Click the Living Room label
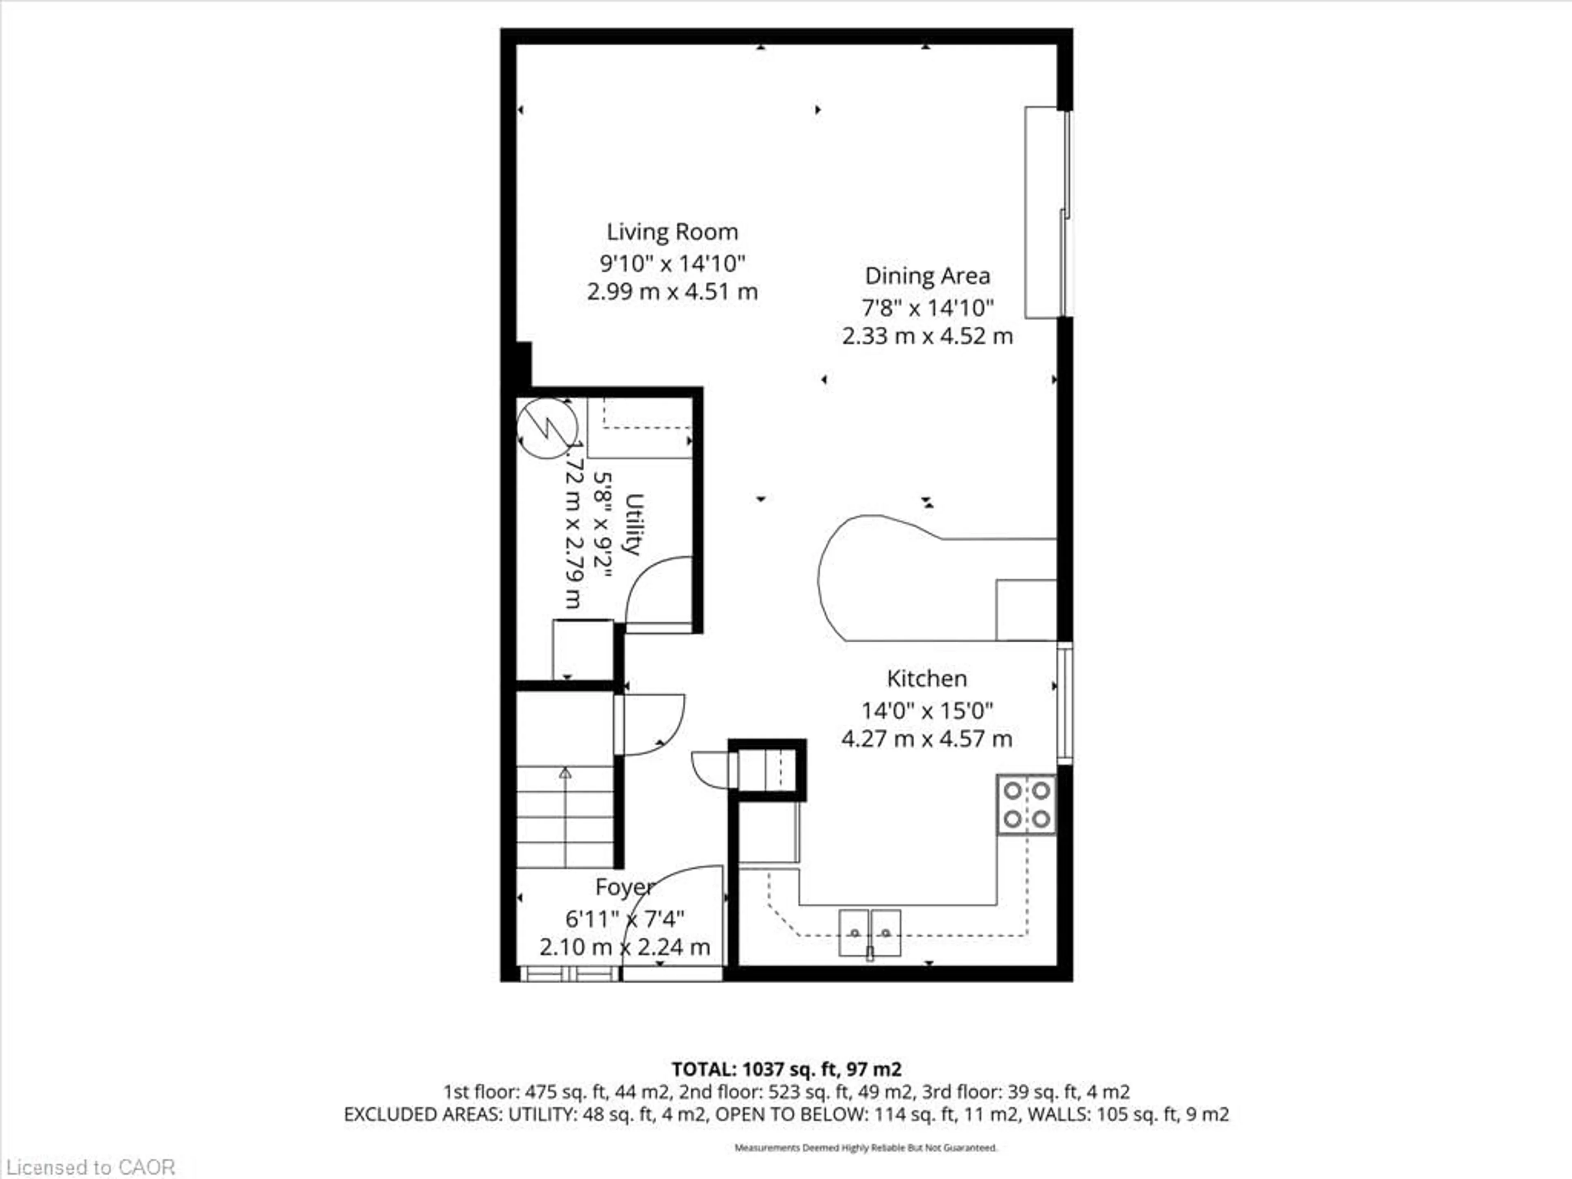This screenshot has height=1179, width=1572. coord(672,233)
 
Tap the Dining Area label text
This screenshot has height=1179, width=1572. coord(927,276)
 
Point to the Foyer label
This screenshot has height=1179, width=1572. coord(623,887)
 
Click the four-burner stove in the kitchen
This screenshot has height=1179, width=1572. coord(1026,804)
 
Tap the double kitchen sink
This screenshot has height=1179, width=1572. coord(870,933)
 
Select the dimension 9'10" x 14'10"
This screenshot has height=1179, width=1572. coord(672,264)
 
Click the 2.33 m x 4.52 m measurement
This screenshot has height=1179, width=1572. coord(927,336)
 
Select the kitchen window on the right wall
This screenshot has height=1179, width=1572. coord(1064,704)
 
